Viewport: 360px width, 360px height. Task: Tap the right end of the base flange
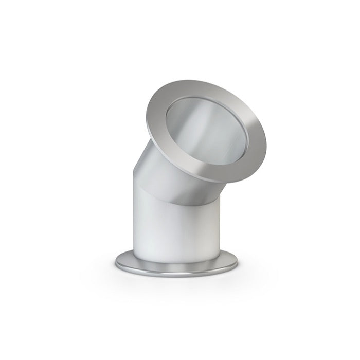pos(238,264)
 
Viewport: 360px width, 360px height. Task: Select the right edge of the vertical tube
pos(221,226)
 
